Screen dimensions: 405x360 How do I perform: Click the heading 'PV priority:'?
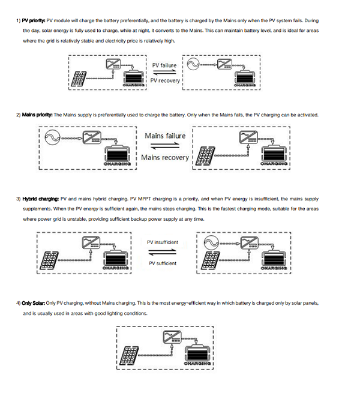tap(33, 20)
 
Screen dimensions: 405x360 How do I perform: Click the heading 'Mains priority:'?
tap(37, 115)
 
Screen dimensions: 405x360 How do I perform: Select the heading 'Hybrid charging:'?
tap(41, 198)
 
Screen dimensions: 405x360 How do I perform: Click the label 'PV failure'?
tap(164, 65)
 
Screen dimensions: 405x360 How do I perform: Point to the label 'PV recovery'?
tap(165, 80)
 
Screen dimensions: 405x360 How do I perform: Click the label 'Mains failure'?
tap(165, 136)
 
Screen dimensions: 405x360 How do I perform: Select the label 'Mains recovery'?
tap(165, 158)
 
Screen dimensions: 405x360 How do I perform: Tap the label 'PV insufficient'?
tap(163, 242)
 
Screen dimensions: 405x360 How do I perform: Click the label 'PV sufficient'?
tap(163, 263)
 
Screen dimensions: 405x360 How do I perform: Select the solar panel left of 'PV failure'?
tap(79, 78)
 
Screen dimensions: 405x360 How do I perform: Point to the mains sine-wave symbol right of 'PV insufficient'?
tap(211, 243)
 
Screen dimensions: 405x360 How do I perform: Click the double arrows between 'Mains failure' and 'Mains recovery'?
tap(164, 147)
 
